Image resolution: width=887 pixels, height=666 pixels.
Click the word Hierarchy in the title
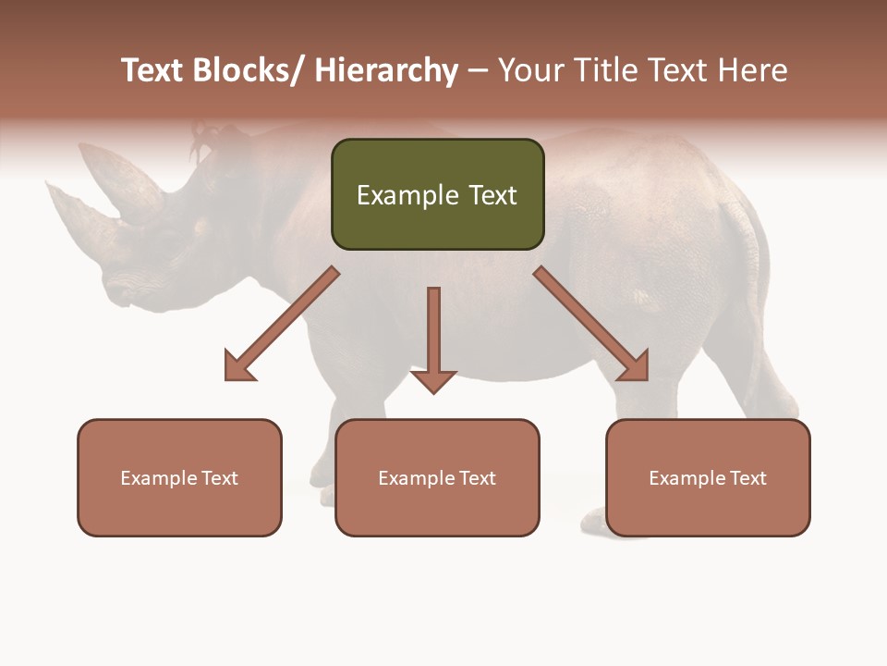tap(386, 70)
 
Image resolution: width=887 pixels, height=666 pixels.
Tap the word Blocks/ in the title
tap(249, 70)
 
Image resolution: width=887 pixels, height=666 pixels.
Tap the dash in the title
tap(478, 72)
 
